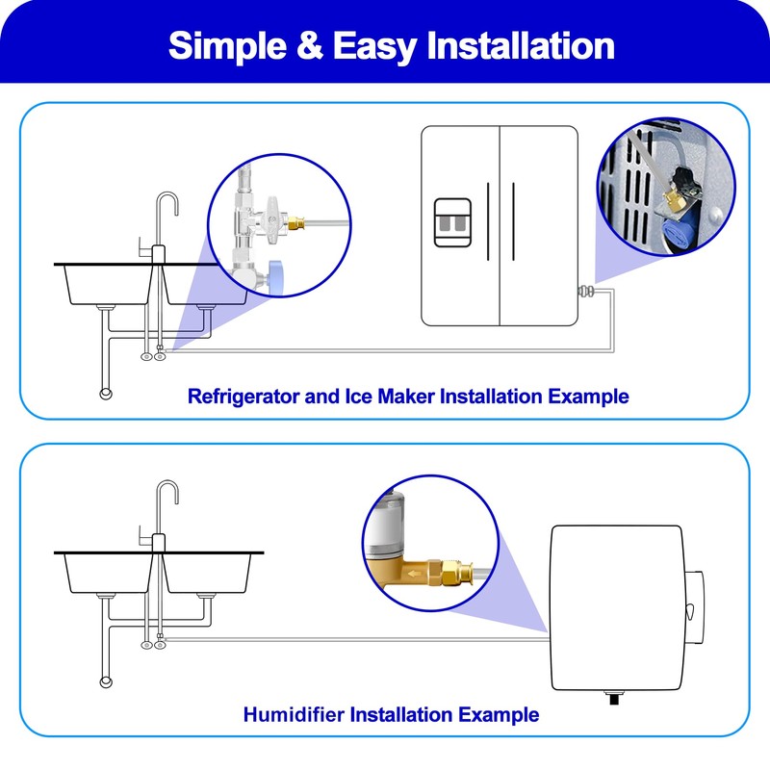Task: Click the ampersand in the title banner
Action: pos(310,45)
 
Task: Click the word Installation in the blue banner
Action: pos(521,45)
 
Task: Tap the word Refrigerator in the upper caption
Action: pos(244,397)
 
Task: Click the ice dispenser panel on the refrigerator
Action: pos(452,222)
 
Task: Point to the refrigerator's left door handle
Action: pos(488,221)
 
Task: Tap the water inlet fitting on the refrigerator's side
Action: pos(586,292)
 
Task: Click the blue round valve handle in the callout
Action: pos(276,278)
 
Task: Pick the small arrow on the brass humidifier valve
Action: pos(412,573)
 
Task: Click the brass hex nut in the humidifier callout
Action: pos(449,572)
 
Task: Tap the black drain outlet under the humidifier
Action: pos(614,697)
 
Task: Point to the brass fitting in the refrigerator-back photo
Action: pos(673,201)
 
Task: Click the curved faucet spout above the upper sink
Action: pos(166,205)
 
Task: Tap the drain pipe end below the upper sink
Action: pos(106,394)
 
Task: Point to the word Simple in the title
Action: pos(227,46)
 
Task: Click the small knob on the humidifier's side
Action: pos(690,611)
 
